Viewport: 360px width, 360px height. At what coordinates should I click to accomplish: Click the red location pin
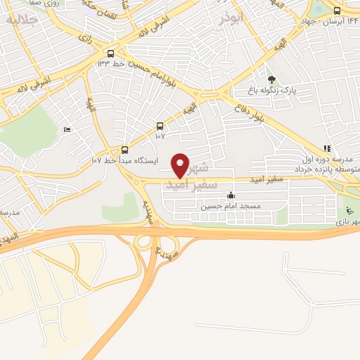[181, 165]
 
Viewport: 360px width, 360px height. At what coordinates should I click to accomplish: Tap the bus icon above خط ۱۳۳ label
[111, 53]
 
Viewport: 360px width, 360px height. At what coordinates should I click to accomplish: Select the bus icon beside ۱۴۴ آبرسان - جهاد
[337, 11]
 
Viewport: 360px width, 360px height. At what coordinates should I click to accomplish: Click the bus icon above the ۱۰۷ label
[160, 125]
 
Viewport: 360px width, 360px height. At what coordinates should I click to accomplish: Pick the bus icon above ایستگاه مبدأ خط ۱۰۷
[124, 149]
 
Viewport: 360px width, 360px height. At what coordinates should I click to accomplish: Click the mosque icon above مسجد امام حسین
[231, 195]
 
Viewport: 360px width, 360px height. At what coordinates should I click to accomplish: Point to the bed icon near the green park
[67, 130]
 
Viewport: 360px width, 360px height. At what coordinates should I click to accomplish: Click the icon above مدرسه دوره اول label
[326, 148]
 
